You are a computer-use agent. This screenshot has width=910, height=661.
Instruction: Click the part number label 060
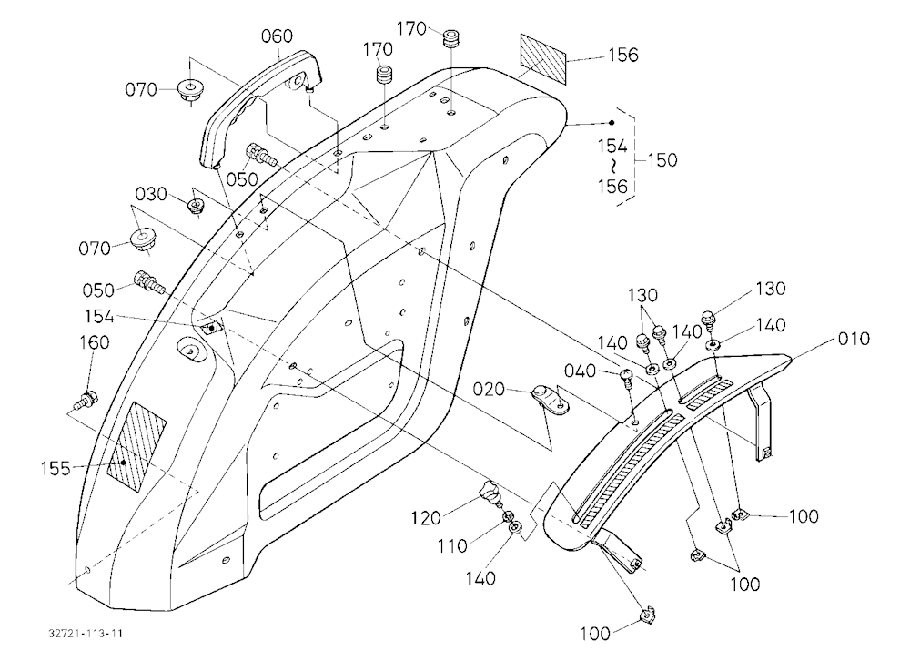(277, 36)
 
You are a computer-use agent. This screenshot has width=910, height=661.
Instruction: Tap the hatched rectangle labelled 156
(542, 58)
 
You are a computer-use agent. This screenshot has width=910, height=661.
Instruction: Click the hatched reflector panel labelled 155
(137, 446)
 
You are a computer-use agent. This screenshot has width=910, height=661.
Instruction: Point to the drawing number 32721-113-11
(86, 633)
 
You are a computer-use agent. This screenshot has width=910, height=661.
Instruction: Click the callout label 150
(662, 159)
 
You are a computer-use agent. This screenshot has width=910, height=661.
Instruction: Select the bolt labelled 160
(87, 400)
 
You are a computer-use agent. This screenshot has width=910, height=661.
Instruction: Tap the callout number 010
(854, 338)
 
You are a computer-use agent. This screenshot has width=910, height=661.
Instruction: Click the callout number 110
(452, 545)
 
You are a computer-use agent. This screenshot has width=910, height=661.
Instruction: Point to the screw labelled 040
(627, 377)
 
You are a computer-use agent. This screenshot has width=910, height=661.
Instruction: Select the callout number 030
(151, 193)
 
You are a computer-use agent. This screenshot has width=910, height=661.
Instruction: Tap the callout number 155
(56, 468)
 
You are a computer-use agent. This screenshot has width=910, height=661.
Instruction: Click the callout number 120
(427, 516)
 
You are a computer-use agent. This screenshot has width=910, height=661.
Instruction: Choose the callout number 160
(94, 342)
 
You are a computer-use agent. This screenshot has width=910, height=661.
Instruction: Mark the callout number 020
(489, 389)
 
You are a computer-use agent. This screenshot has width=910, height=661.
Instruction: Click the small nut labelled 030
(197, 206)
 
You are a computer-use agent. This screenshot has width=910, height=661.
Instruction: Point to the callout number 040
(580, 370)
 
